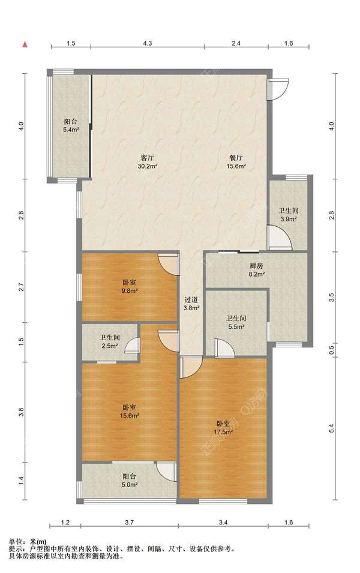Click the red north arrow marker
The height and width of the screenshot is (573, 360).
pos(25,44)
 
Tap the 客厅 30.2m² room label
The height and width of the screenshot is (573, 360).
pos(147,162)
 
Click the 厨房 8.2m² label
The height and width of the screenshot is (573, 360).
pos(257,269)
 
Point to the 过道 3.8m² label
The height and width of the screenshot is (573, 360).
pos(191,304)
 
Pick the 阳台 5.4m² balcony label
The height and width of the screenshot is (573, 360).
pos(71,126)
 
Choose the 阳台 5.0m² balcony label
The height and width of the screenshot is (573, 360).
pos(130,481)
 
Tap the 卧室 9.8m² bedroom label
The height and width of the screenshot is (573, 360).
pos(130,287)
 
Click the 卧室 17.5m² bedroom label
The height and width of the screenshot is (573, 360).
pos(223,428)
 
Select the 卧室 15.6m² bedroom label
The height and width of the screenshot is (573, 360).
pos(130,411)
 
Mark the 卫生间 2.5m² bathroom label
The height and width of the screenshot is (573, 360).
pos(110,341)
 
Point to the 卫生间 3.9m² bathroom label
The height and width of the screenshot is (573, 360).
pos(289,215)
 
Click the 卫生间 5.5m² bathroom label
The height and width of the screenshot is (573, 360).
pos(236,323)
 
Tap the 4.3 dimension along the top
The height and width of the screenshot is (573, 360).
pos(147,43)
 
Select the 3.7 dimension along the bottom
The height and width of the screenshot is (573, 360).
pos(129,523)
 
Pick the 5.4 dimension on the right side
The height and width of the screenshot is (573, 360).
pos(331,428)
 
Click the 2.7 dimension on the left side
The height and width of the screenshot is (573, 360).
pos(21,287)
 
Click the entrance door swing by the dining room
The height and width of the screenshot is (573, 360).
pos(278,89)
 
